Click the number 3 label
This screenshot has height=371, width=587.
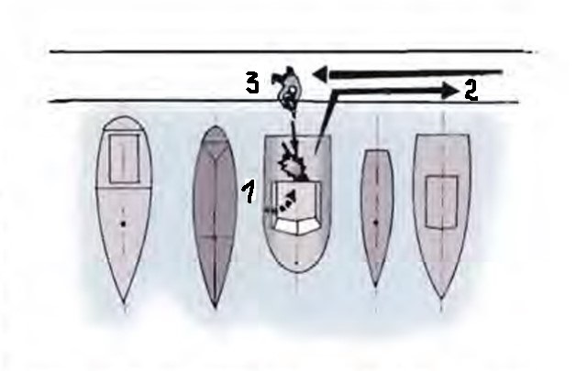[253, 83]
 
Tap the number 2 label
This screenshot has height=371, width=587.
[471, 91]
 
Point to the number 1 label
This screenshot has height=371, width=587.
[249, 191]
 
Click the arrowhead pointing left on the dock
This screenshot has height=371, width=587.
[320, 74]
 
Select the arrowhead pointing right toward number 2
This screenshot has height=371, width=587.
[450, 91]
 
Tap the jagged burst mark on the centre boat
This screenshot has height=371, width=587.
[293, 166]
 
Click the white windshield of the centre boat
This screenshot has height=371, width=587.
[296, 226]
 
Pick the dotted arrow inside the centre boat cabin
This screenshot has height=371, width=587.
[287, 202]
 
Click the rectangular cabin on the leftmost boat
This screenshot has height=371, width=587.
[125, 159]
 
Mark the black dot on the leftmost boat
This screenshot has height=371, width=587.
[123, 224]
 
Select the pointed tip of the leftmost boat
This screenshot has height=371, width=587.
[124, 301]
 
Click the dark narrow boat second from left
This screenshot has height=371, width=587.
[215, 217]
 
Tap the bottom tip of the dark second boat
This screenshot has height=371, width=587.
[215, 308]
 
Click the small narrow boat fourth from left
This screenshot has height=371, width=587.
[377, 218]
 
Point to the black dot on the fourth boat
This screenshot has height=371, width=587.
[377, 223]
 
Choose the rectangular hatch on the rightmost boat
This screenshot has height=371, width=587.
[442, 202]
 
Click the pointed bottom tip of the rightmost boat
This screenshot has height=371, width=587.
[442, 298]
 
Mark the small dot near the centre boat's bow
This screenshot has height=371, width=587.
[296, 263]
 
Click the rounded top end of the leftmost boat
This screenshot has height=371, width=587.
[124, 117]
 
